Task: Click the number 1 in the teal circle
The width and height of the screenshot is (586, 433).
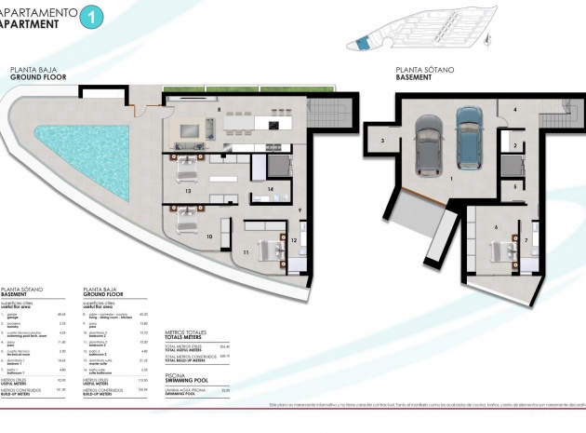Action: click(x=90, y=16)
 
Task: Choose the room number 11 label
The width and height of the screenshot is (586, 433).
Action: click(x=246, y=251)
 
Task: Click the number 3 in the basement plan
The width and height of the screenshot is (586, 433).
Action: click(x=382, y=141)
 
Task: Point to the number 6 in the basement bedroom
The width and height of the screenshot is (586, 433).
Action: click(x=497, y=226)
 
